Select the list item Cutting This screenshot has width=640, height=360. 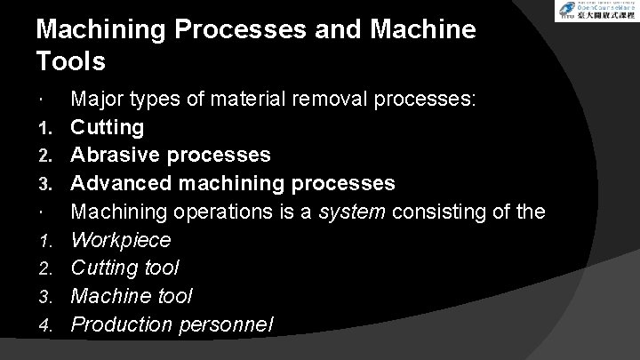pyautogui.click(x=107, y=127)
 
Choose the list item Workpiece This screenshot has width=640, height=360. pyautogui.click(x=121, y=240)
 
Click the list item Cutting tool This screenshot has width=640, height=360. pyautogui.click(x=125, y=268)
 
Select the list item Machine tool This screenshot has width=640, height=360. pyautogui.click(x=132, y=295)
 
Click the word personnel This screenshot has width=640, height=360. pyautogui.click(x=230, y=325)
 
